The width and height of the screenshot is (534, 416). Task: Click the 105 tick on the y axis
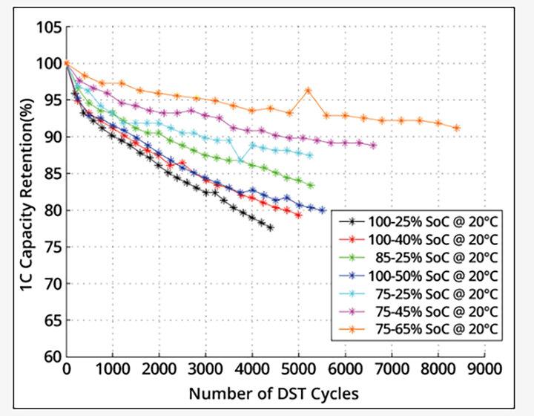click(x=48, y=27)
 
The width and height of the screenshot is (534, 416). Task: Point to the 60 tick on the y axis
click(x=52, y=357)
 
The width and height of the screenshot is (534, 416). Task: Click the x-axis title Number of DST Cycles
click(x=274, y=392)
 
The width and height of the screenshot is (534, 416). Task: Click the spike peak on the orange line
click(x=308, y=91)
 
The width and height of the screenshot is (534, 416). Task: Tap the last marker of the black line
click(x=270, y=227)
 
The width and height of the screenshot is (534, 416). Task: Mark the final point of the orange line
click(x=456, y=128)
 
